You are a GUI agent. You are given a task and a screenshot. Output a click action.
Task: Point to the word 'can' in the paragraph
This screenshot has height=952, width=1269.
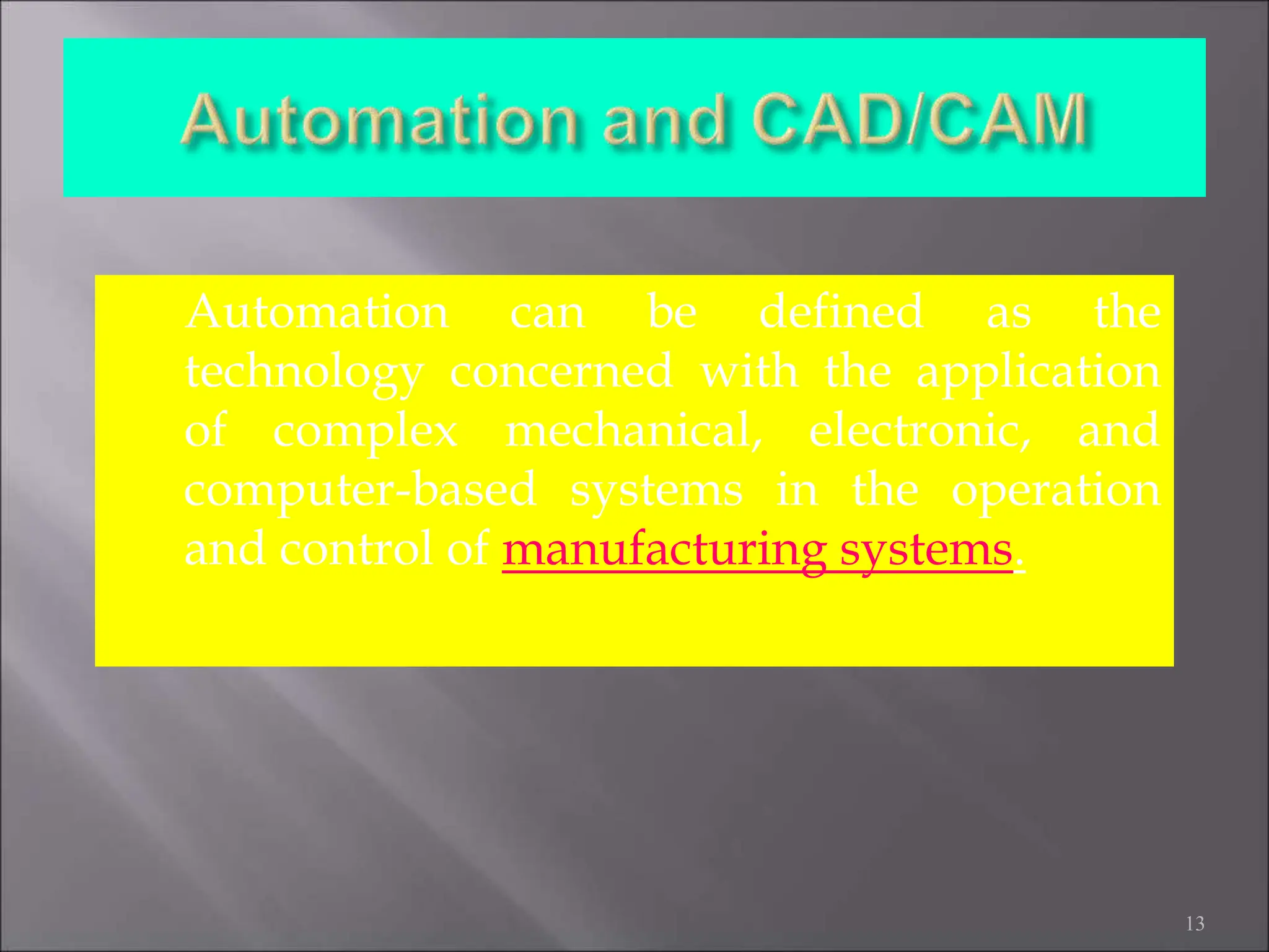547,314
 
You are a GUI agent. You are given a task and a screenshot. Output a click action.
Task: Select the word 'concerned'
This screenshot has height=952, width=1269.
561,372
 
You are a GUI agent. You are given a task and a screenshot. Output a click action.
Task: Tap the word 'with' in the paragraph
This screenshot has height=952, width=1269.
749,371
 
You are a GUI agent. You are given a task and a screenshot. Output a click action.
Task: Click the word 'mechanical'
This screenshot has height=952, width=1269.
633,431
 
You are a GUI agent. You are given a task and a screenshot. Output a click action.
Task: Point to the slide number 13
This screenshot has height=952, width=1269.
1195,923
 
